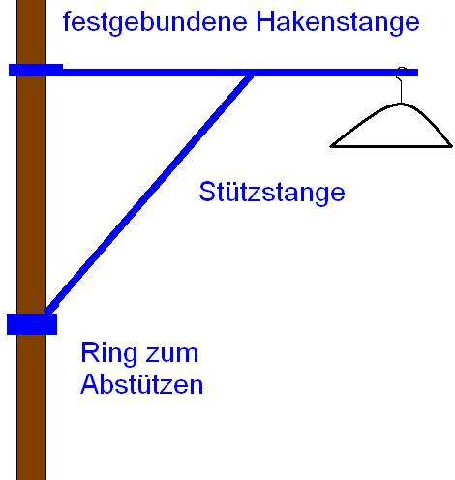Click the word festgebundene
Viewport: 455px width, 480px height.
155,22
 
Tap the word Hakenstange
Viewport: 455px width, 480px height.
338,21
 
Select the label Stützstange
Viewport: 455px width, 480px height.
272,192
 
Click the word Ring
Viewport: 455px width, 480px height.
108,353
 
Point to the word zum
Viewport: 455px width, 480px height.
171,354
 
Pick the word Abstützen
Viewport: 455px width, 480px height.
141,384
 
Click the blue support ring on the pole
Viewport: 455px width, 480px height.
32,324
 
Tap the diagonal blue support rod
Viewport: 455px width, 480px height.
148,194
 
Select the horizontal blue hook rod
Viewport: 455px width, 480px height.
213,73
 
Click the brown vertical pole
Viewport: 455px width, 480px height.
31,240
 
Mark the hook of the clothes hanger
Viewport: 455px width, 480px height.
401,84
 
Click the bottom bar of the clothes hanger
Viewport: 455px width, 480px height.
391,146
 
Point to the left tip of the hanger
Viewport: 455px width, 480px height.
330,146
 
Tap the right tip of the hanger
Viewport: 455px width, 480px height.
452,146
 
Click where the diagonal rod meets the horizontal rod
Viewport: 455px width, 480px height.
250,76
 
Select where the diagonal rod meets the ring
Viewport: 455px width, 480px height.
47,311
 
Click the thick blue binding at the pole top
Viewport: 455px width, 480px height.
36,70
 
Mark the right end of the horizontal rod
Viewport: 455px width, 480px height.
417,73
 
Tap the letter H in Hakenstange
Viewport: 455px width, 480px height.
265,21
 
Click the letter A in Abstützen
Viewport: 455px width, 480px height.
90,384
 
